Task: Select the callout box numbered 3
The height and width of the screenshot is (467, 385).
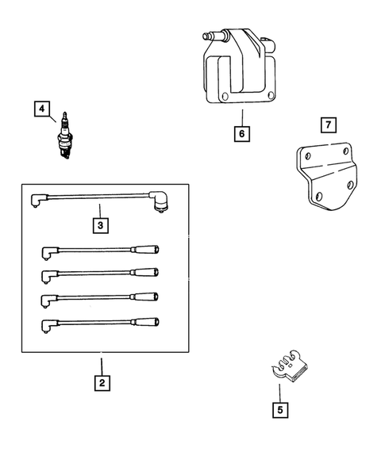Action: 100,226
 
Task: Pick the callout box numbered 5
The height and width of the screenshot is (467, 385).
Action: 279,410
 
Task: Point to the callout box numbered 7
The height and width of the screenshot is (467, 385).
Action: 328,125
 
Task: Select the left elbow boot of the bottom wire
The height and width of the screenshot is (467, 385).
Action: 48,325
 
